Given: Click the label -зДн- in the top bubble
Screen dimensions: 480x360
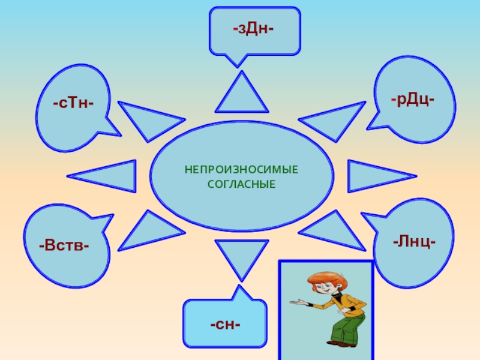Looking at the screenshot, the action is click(253, 28).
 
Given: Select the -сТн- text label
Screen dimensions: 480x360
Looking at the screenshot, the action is click(72, 103).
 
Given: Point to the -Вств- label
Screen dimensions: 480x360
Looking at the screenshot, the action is click(64, 245).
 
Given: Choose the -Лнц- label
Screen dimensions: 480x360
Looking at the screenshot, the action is click(414, 242).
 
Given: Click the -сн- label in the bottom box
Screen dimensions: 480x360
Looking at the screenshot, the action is click(225, 325).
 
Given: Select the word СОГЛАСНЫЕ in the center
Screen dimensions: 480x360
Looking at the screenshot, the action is click(241, 183).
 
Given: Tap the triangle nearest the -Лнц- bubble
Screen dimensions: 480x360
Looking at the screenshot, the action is click(333, 230).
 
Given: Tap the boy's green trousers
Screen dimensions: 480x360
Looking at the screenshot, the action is click(342, 327).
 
